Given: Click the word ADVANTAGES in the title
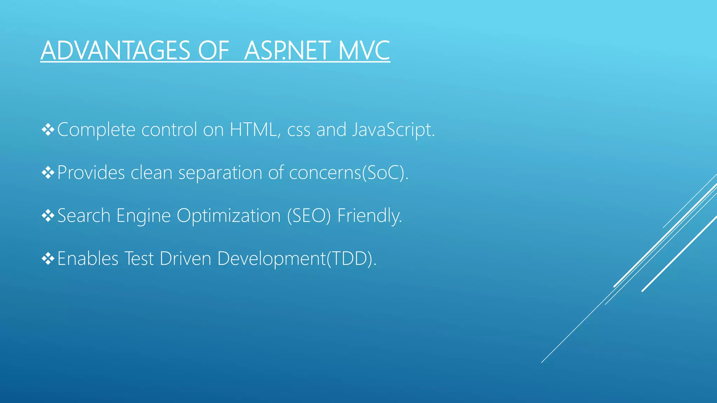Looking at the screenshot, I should coord(115,51).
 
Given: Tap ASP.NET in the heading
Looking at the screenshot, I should coord(287,51).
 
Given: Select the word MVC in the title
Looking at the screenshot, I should coord(364,51).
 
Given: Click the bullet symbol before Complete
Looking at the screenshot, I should coord(48,130).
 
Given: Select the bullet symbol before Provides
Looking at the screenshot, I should coord(48,173).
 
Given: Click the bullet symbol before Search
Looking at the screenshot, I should coord(48,216).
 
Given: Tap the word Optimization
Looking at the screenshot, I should coord(229,216).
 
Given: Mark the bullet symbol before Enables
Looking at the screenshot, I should coord(48,259).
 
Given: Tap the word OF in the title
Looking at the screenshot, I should coord(213,51).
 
